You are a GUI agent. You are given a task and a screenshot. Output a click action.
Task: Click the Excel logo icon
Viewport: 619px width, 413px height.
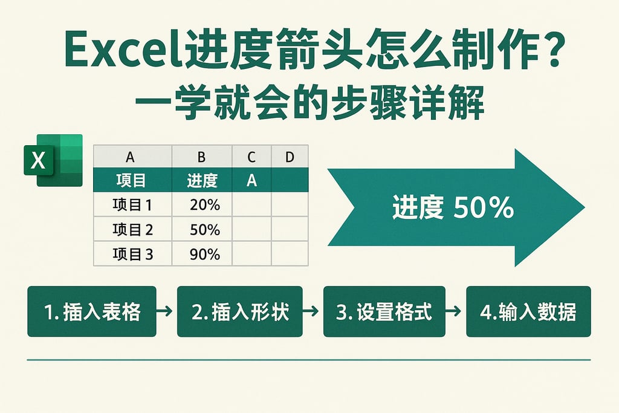(x=53, y=160)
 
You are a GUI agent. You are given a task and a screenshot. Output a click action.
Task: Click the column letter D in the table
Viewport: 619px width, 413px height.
(x=290, y=157)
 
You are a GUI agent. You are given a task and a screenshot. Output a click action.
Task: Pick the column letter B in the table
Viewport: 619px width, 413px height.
(x=202, y=157)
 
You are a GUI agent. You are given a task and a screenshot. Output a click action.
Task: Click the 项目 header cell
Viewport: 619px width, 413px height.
(x=132, y=180)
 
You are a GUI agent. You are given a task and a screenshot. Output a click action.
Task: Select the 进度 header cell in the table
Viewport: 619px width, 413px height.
(x=202, y=180)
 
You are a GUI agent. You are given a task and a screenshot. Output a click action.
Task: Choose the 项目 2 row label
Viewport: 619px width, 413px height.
(x=132, y=230)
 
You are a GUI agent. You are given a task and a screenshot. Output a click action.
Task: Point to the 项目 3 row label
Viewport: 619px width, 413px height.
(x=132, y=255)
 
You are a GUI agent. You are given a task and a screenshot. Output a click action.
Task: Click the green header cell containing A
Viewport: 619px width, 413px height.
(x=251, y=180)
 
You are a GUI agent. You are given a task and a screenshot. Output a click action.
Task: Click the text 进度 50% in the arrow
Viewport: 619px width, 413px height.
(x=453, y=208)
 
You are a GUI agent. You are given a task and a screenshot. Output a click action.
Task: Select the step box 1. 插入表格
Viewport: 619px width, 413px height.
(x=92, y=311)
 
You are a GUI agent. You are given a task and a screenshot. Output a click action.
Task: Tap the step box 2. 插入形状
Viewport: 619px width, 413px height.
(x=239, y=311)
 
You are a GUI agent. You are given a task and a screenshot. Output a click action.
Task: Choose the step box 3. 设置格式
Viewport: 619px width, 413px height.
(x=384, y=311)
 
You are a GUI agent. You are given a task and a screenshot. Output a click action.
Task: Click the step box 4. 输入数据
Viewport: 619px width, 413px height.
(x=528, y=311)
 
